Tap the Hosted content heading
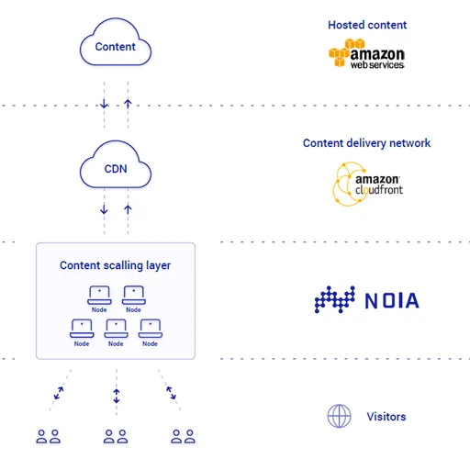(367, 25)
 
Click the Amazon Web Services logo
(366, 53)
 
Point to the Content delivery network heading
(366, 143)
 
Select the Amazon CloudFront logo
(367, 184)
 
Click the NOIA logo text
(392, 300)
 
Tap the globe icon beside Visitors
(339, 416)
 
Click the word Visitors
(386, 417)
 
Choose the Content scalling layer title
(115, 265)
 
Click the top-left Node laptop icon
(99, 295)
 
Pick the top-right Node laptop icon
(134, 295)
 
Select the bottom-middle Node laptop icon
(116, 329)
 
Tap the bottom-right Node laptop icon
(151, 329)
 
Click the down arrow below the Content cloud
(104, 104)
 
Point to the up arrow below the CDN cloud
(128, 209)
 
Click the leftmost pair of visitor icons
(48, 436)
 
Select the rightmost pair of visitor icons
(183, 436)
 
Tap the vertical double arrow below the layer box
(117, 396)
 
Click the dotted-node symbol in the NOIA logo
(335, 299)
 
